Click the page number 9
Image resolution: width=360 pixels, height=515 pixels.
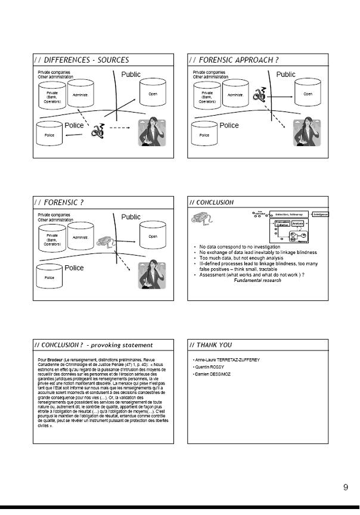346,488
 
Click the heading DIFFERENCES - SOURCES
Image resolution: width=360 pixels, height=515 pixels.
82,60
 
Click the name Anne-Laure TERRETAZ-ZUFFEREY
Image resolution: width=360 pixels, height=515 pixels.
226,360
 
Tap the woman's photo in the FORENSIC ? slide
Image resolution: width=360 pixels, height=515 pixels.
152,275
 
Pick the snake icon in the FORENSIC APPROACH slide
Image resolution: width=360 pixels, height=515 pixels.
260,95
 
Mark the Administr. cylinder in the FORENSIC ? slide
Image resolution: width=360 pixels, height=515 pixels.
80,238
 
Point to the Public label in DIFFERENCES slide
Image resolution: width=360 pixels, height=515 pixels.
131,75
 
